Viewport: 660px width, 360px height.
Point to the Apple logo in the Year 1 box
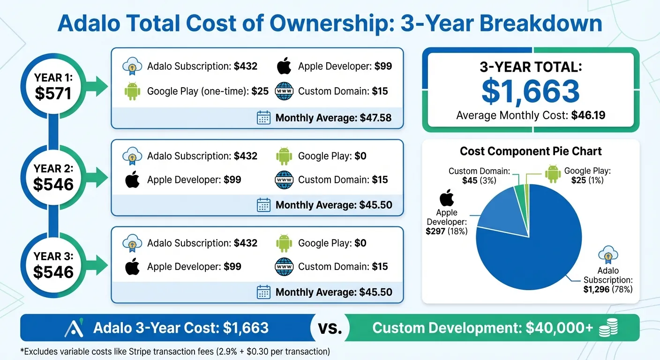(x=284, y=66)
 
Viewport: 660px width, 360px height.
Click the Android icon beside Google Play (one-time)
(x=133, y=91)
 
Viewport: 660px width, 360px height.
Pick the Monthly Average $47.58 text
(x=333, y=118)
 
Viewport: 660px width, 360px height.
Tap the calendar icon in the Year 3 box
(x=264, y=292)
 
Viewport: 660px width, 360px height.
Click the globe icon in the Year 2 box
(x=284, y=180)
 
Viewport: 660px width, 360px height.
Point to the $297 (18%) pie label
(x=446, y=231)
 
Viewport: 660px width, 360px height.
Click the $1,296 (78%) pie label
(x=607, y=290)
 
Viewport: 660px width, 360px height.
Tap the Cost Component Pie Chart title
(x=531, y=151)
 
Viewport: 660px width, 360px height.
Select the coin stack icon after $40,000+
(x=609, y=328)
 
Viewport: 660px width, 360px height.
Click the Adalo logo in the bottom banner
(x=74, y=328)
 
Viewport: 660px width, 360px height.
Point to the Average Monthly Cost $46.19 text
(x=531, y=115)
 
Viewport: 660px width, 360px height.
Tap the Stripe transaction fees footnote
(x=175, y=351)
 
